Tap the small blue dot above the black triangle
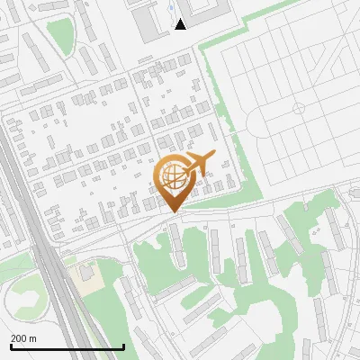click(171, 7)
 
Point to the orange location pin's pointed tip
click(173, 211)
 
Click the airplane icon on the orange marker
click(197, 163)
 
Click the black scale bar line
click(67, 347)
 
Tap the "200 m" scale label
click(23, 338)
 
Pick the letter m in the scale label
click(32, 338)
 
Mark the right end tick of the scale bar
click(123, 346)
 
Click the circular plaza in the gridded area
click(300, 108)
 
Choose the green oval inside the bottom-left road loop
click(25, 302)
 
